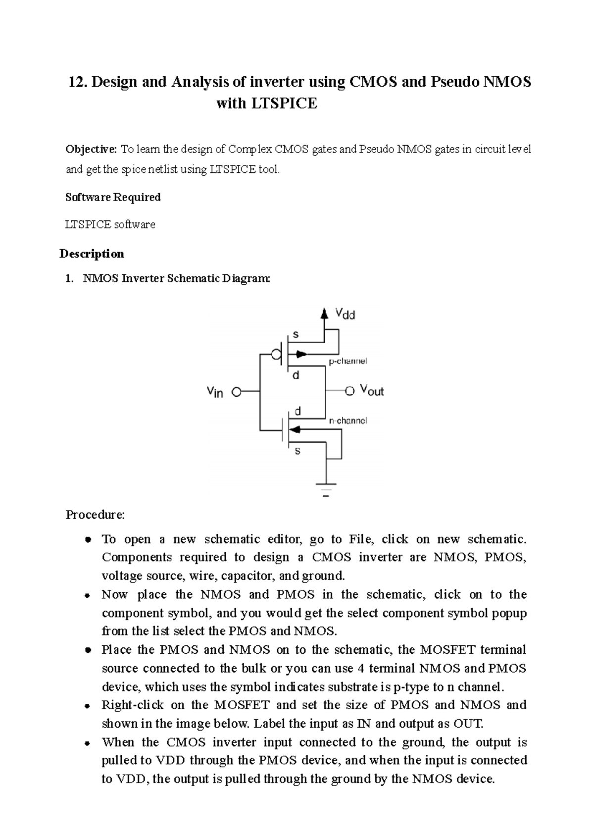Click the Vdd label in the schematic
(345, 314)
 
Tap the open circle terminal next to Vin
(237, 392)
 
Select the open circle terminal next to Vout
(350, 391)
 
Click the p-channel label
(348, 361)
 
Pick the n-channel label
(348, 420)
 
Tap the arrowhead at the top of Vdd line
(324, 313)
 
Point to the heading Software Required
(113, 197)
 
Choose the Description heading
(92, 254)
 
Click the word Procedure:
(96, 515)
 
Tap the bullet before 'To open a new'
(87, 539)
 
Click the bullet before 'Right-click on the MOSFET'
(87, 705)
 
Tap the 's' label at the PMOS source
(296, 334)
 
